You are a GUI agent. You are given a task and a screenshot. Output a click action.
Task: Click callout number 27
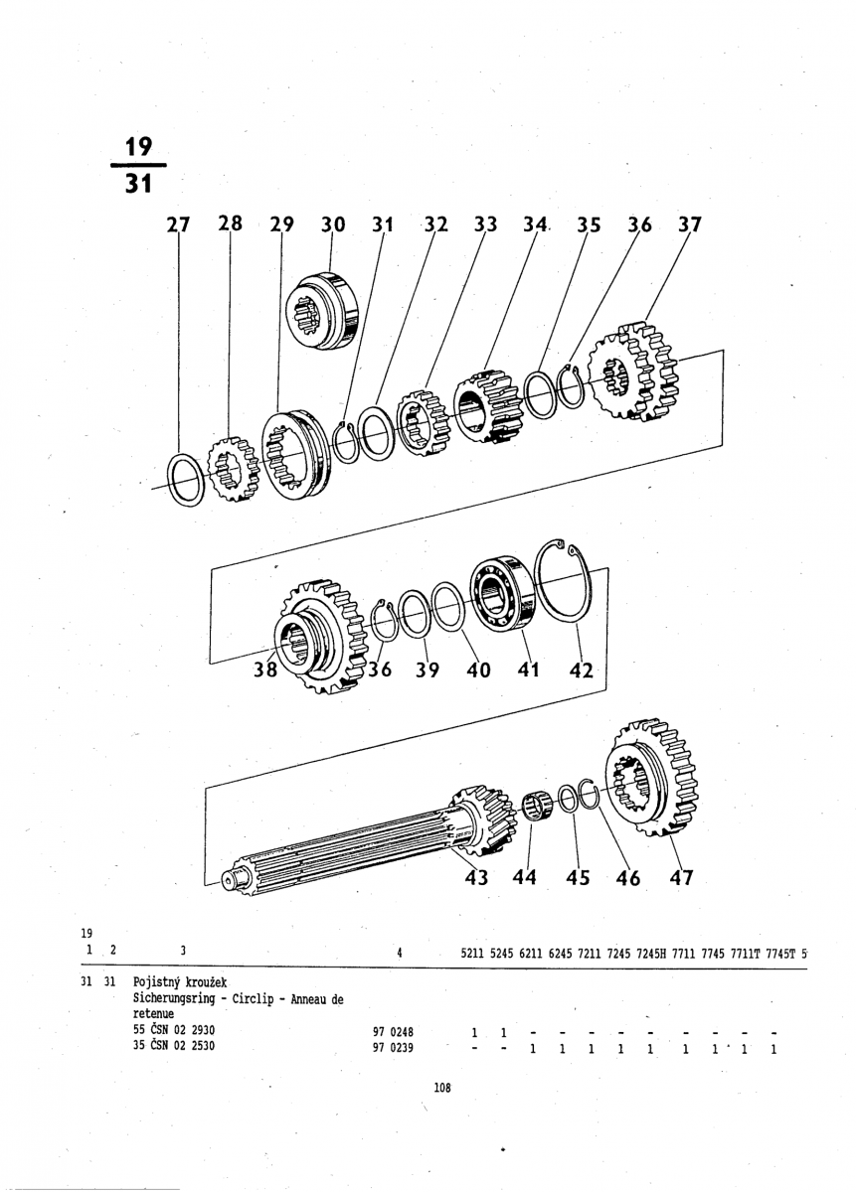coord(178,224)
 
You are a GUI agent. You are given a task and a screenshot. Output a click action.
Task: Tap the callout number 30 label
coord(332,224)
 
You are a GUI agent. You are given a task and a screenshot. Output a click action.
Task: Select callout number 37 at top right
coord(689,224)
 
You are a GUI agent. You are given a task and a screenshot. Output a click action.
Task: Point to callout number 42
coord(582,670)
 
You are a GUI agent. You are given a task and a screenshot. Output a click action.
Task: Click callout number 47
coord(681,877)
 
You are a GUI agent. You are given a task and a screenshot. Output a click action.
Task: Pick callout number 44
coord(525,877)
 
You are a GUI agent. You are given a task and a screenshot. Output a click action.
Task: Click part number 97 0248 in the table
coord(393,1031)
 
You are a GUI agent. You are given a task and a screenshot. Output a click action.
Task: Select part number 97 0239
coord(393,1046)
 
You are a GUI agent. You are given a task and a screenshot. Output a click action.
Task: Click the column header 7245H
coord(650,951)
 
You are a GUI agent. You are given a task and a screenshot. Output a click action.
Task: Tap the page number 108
coord(442,1088)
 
